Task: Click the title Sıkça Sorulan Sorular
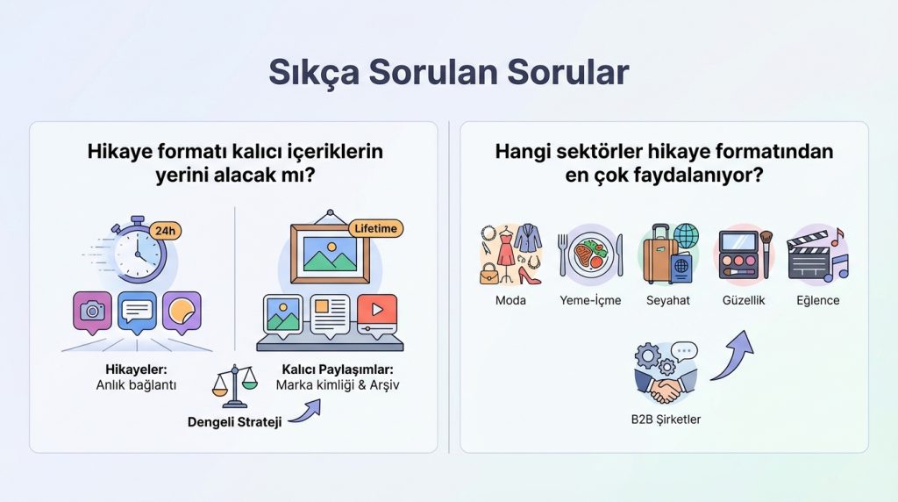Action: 448,72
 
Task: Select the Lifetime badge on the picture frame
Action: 375,228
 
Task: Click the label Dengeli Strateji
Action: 234,422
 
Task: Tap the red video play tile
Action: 377,311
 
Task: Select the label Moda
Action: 510,300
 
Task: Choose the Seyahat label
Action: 668,300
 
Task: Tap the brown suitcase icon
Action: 659,256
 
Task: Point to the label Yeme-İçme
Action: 590,300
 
